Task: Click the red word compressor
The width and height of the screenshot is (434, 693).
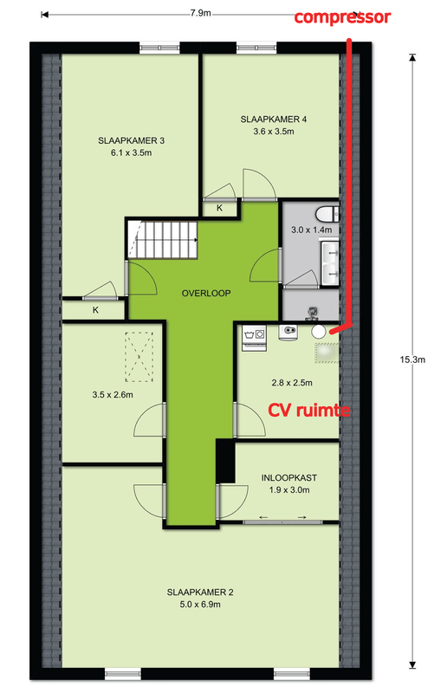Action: coord(342,17)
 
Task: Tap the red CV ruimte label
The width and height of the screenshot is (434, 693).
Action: coord(309,411)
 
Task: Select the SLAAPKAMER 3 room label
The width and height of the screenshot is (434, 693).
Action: coord(132,140)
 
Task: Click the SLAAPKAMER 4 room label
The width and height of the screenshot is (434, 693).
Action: coord(273,119)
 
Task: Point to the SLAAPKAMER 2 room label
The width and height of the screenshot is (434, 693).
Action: coord(200,593)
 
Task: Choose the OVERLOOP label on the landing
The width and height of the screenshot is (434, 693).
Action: coord(206,293)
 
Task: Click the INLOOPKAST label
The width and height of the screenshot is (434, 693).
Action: coord(289,478)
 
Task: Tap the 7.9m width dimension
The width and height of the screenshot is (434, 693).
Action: coord(201,13)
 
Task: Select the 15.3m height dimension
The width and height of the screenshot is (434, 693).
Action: coord(412,359)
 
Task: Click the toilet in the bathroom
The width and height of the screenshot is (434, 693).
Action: coord(327,214)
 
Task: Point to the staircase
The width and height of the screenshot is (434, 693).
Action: coord(162,240)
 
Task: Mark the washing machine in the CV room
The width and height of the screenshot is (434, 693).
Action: coord(254,338)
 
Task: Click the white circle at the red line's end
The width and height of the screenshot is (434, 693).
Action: coord(319,331)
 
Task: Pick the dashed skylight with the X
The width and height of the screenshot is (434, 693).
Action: coord(139,357)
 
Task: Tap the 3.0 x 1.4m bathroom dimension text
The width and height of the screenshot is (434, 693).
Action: coord(311,230)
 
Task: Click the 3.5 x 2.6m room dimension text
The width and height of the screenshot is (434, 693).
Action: coord(113,395)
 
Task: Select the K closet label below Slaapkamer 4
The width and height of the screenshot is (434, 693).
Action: coord(220,208)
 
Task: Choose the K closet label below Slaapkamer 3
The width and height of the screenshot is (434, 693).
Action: coord(95,310)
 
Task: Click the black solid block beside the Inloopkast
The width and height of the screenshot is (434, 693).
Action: coord(225,461)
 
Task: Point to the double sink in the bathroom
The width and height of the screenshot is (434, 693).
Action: coord(331,264)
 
